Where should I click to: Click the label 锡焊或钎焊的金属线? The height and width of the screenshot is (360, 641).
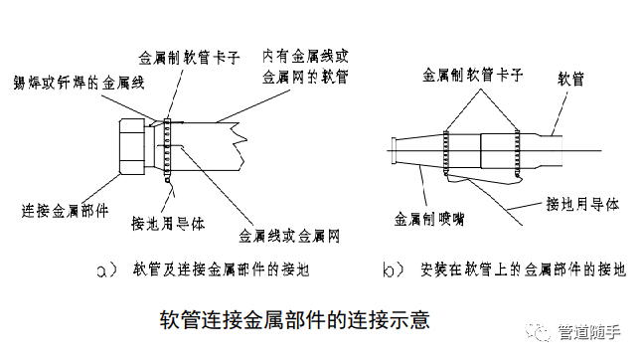tap(71, 84)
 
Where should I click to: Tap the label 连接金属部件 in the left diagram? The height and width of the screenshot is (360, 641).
tap(63, 210)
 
